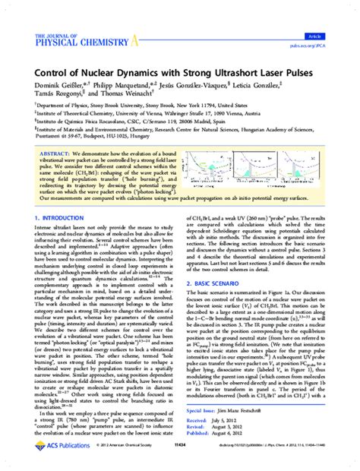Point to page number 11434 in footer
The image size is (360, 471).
pyautogui.click(x=179, y=460)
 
